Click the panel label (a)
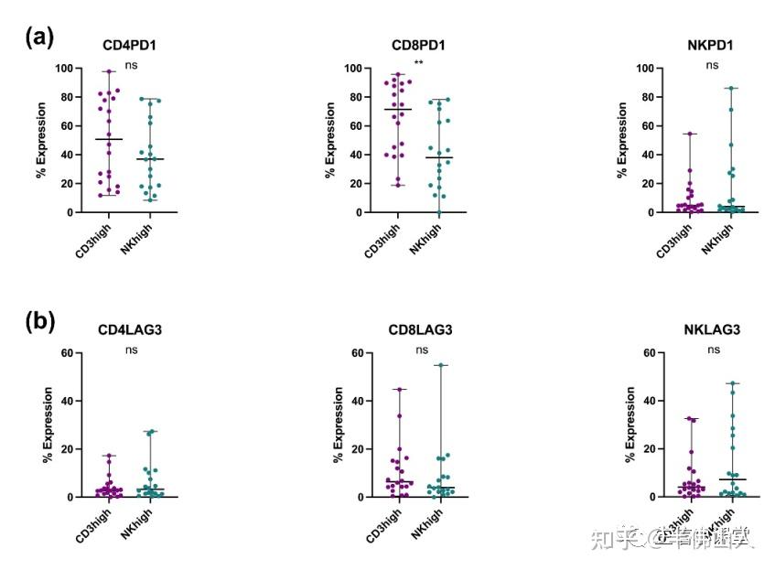[40, 37]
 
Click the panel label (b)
[40, 322]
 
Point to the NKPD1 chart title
[711, 45]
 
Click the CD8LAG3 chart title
[421, 329]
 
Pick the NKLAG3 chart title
[711, 329]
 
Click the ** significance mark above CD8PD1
[418, 62]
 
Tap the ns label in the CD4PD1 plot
[132, 65]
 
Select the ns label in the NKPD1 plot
[712, 65]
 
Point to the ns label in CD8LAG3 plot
[422, 350]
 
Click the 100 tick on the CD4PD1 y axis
[63, 69]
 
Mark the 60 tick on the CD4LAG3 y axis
[66, 353]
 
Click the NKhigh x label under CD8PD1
[424, 239]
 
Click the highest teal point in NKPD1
[731, 89]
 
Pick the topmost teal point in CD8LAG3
[441, 365]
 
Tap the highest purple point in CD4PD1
[108, 71]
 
